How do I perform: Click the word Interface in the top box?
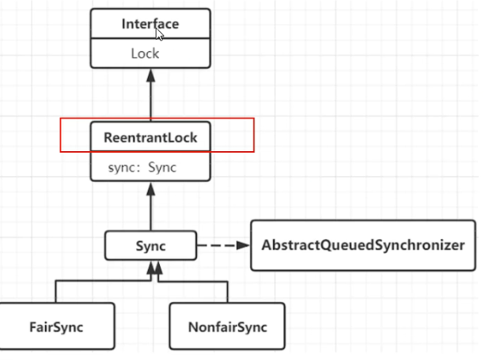click(150, 24)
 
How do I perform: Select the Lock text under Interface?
click(145, 54)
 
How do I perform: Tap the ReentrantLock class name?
click(150, 137)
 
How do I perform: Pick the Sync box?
click(150, 246)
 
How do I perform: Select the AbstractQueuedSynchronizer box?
click(362, 245)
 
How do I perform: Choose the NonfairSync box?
click(229, 326)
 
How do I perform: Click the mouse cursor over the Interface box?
click(160, 34)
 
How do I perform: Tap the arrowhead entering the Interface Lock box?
click(150, 75)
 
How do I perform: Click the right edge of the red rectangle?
click(252, 135)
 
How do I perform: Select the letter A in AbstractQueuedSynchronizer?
click(266, 245)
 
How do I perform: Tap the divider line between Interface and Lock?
click(150, 40)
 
